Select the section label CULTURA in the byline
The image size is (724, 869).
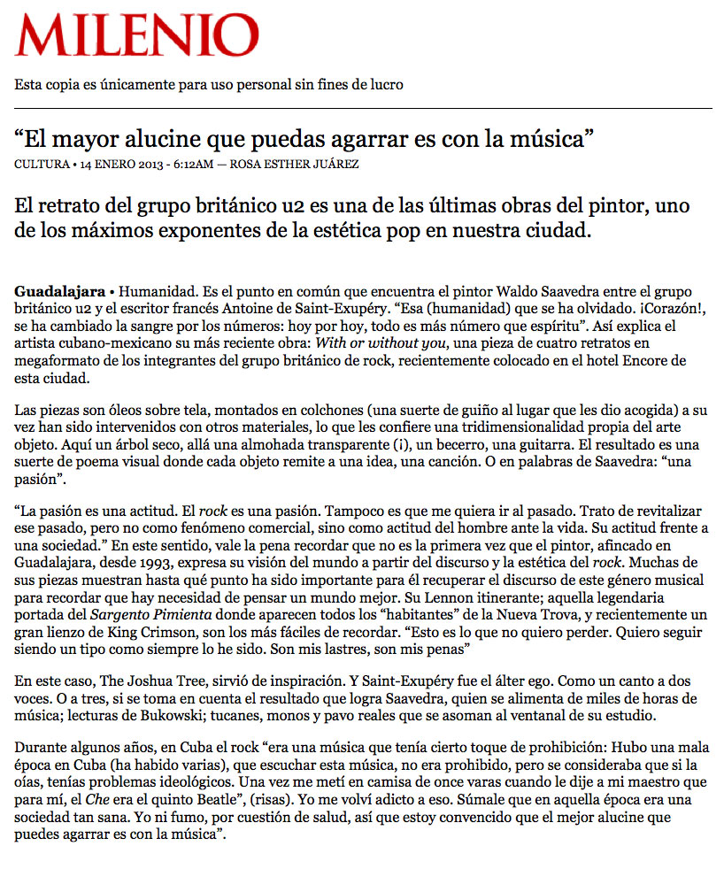click(x=41, y=164)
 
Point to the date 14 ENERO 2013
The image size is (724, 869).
click(x=116, y=164)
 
